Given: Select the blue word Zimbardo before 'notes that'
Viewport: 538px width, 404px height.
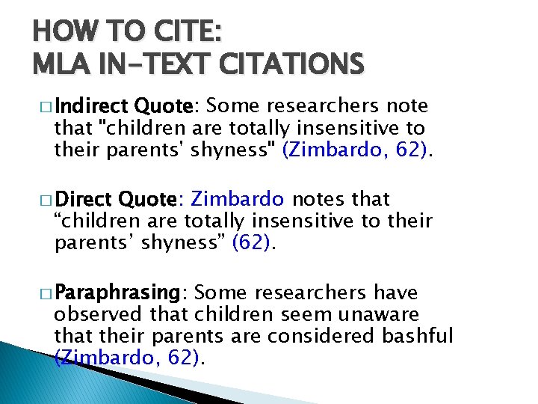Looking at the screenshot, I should [238, 200].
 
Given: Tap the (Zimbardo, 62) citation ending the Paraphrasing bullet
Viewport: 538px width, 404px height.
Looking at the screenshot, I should [129, 357].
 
